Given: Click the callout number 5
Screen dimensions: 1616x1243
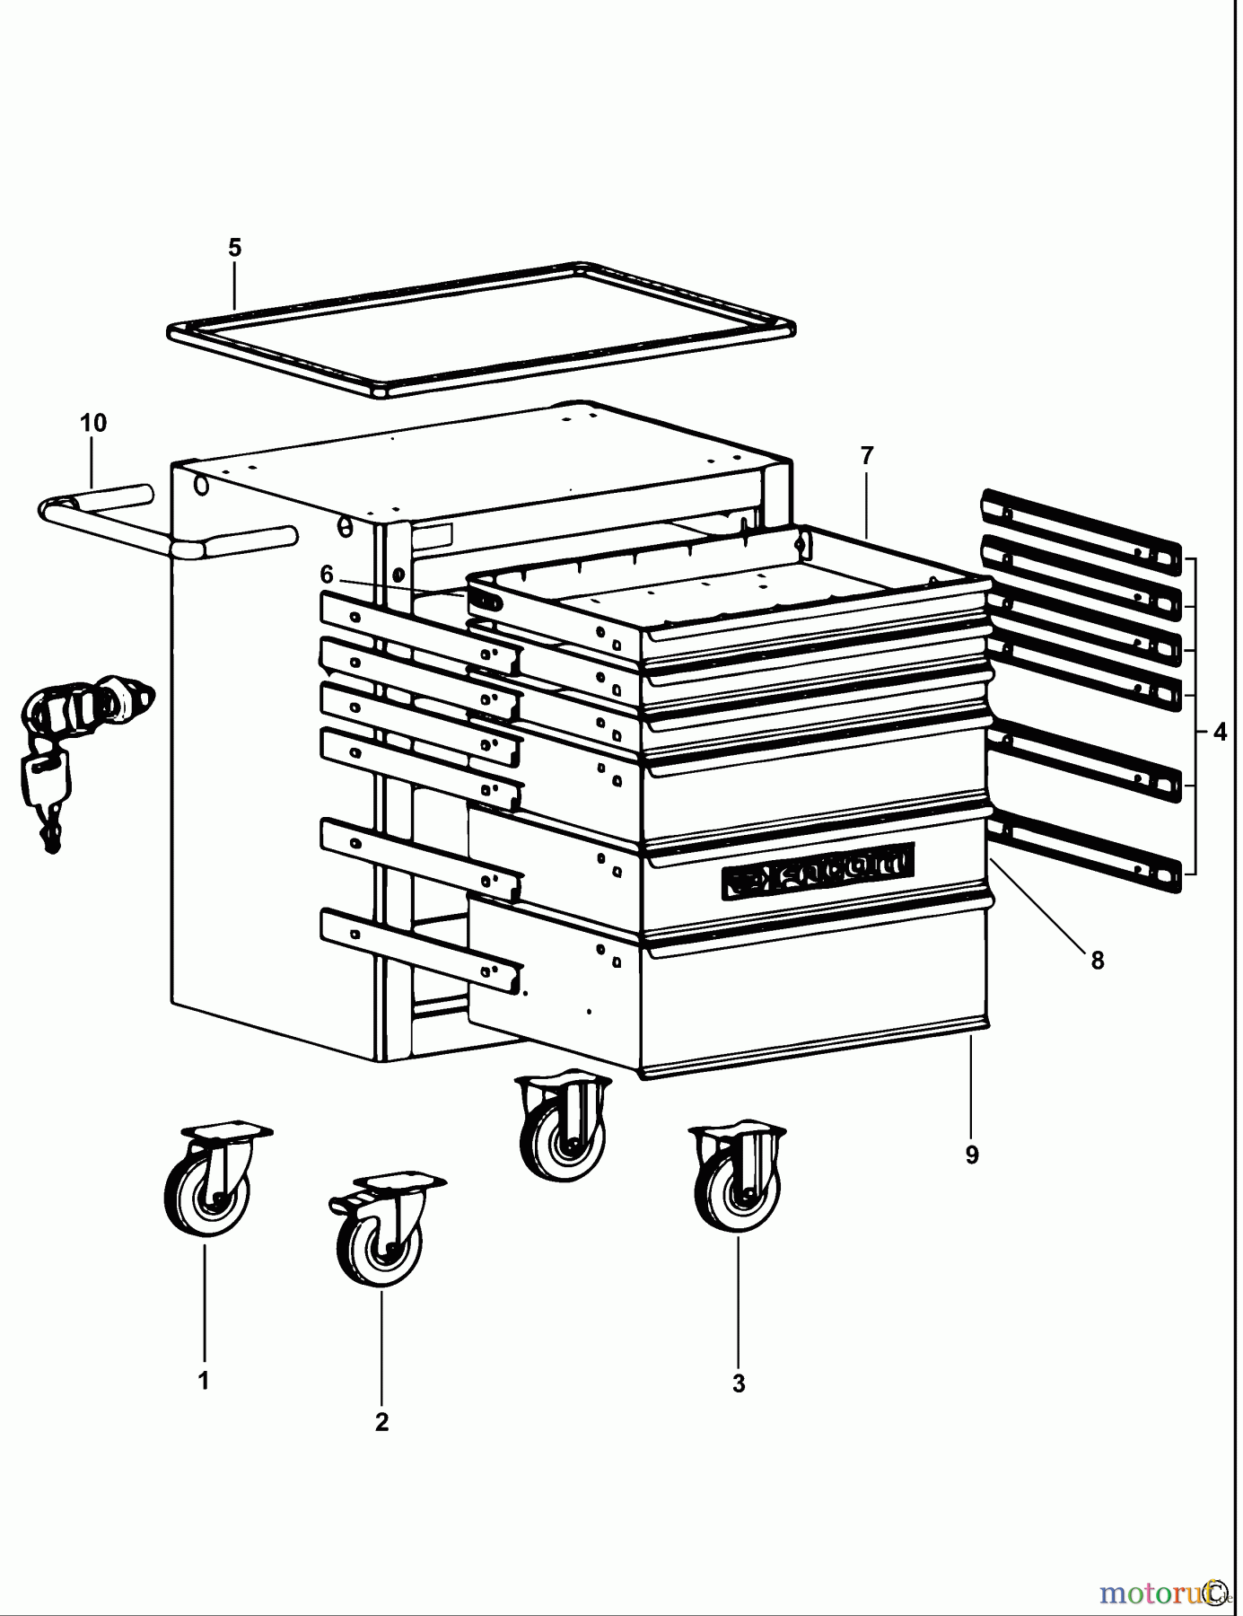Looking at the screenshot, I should click(x=234, y=248).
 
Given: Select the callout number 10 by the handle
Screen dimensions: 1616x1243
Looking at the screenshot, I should click(x=93, y=423).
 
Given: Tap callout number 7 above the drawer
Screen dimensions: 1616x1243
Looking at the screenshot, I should click(x=866, y=456).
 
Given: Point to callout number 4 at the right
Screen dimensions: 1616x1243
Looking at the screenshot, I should click(x=1219, y=733).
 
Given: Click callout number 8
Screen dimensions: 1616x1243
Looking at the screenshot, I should click(x=1097, y=961).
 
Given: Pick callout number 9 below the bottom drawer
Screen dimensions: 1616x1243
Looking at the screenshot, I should click(x=972, y=1155).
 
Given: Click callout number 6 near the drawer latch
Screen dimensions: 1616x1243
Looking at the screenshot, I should click(x=327, y=574).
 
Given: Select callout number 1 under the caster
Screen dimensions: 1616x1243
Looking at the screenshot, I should click(x=204, y=1381).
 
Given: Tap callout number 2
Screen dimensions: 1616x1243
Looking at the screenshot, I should click(x=381, y=1422).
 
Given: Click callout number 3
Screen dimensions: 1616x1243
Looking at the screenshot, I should click(x=738, y=1383).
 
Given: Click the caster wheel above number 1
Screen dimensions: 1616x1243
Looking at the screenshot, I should click(x=209, y=1181).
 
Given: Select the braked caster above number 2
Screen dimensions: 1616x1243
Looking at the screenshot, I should click(x=381, y=1230).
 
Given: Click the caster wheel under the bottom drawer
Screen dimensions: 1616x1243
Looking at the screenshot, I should click(x=563, y=1129).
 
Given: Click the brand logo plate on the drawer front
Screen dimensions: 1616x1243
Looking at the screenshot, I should click(x=818, y=868).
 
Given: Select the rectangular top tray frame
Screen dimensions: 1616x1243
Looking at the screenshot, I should click(x=480, y=329).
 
